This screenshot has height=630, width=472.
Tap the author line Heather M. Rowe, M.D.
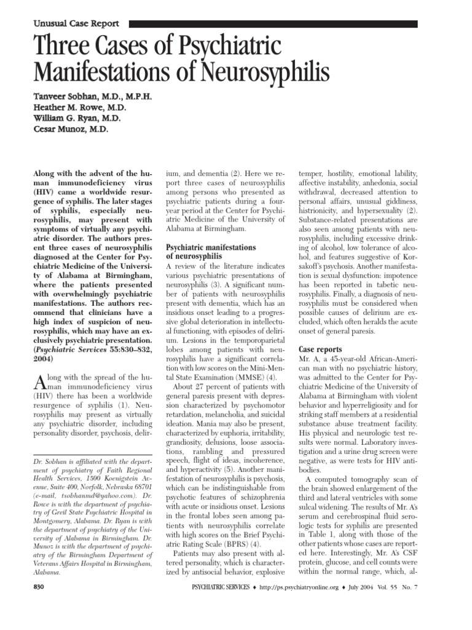[77, 108]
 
